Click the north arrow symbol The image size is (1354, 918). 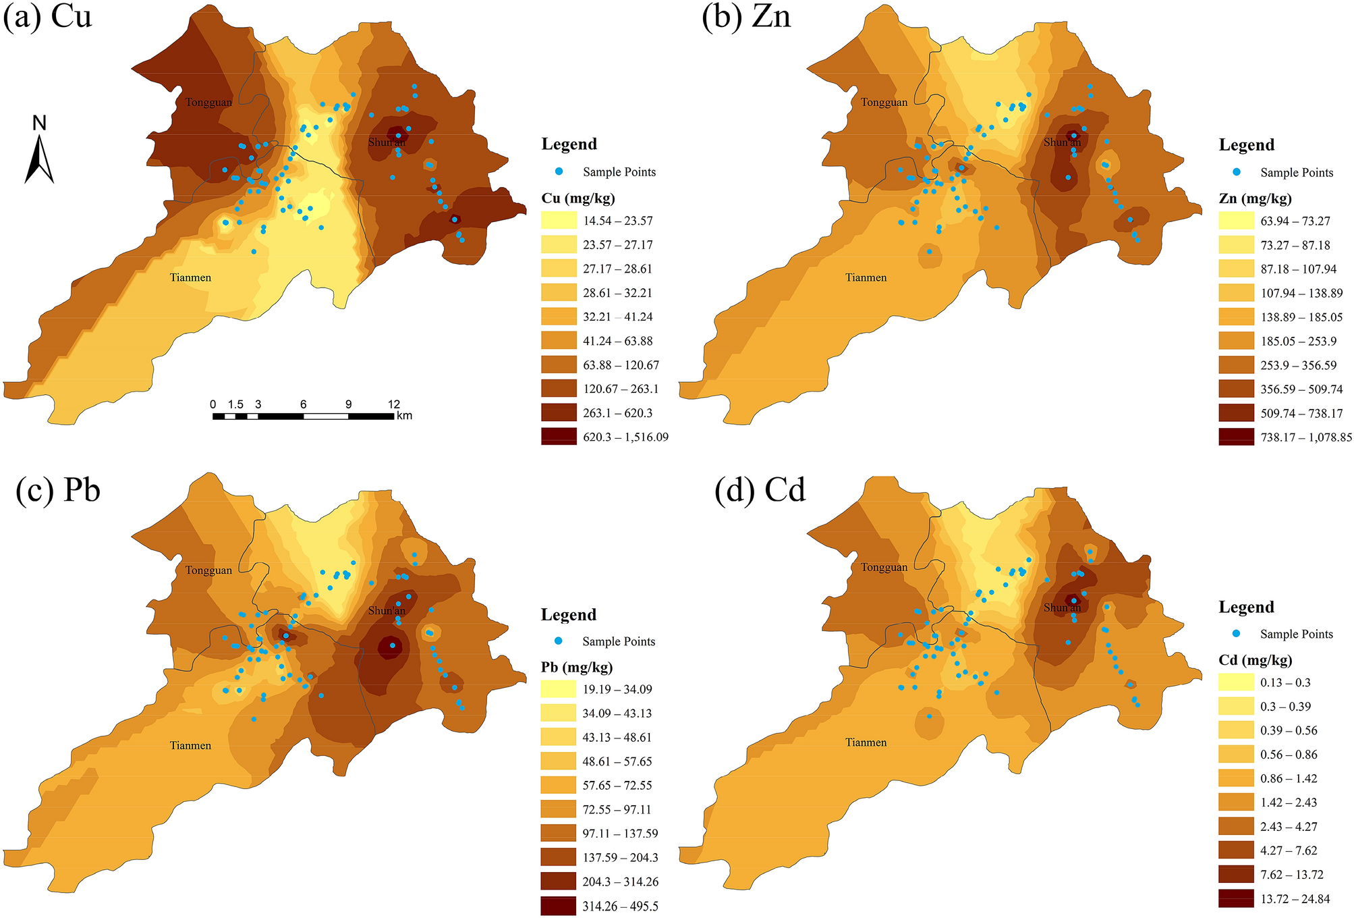[x=39, y=159]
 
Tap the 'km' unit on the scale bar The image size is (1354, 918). [x=404, y=416]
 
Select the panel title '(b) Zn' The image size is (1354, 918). [x=746, y=16]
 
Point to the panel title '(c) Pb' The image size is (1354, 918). [x=58, y=489]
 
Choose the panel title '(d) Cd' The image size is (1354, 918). [x=760, y=489]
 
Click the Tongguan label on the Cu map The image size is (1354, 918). [x=208, y=103]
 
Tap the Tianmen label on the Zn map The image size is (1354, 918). [x=866, y=277]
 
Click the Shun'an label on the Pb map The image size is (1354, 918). [x=387, y=611]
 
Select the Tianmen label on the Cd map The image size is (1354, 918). [x=866, y=742]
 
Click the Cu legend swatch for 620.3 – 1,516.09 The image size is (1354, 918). [x=559, y=437]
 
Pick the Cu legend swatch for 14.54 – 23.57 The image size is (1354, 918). [x=559, y=221]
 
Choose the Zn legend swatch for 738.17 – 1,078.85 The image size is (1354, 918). [x=1236, y=437]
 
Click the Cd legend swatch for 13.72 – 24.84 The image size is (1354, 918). [x=1236, y=898]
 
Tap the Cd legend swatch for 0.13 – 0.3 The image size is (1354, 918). [x=1236, y=682]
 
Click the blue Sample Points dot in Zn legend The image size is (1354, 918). [x=1237, y=172]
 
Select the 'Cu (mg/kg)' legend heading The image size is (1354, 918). [x=578, y=198]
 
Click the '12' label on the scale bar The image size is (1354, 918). [x=394, y=404]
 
